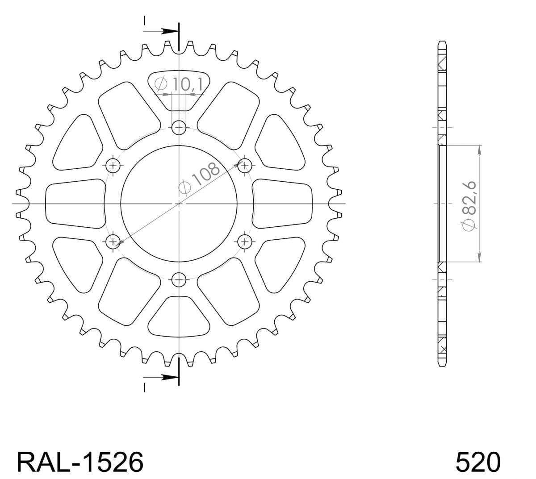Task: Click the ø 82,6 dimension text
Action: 469,206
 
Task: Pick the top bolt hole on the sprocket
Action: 179,128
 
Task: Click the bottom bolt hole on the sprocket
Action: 179,279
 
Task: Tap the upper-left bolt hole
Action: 113,166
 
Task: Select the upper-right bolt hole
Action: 245,166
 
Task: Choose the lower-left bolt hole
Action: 113,242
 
